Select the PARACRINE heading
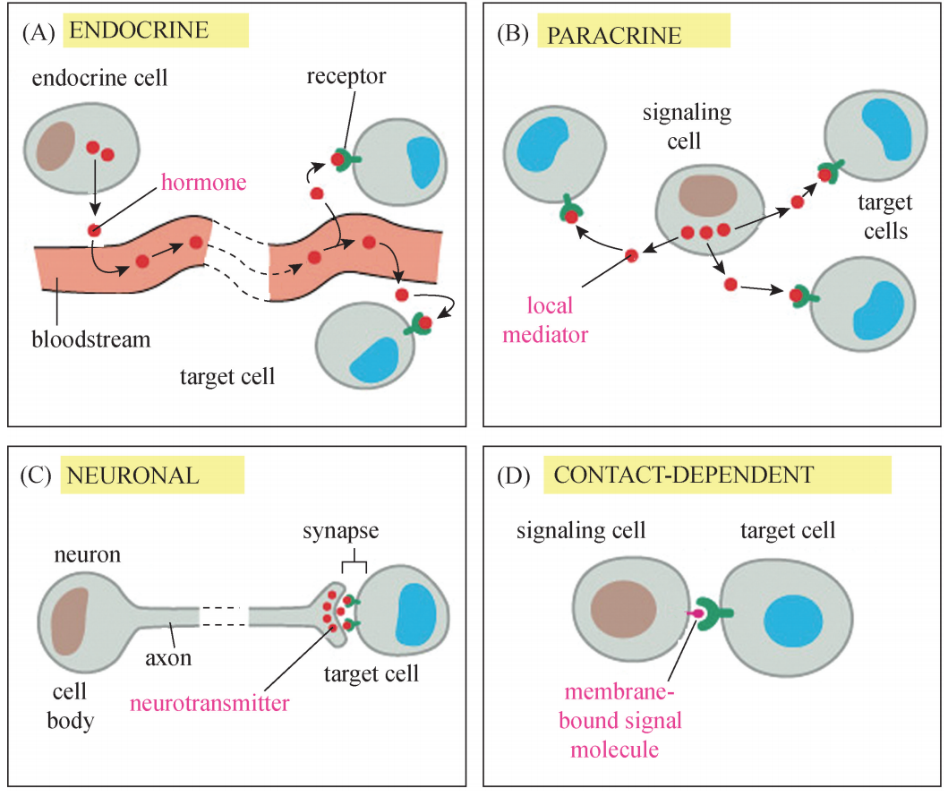coord(613,36)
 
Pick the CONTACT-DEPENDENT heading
coord(684,475)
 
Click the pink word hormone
coord(204,183)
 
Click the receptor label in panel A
coord(346,76)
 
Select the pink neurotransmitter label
coord(209,703)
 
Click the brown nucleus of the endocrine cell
coord(56,145)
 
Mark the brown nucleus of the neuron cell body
coord(69,621)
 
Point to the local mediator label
coord(556,321)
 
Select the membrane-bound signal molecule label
coord(623,721)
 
